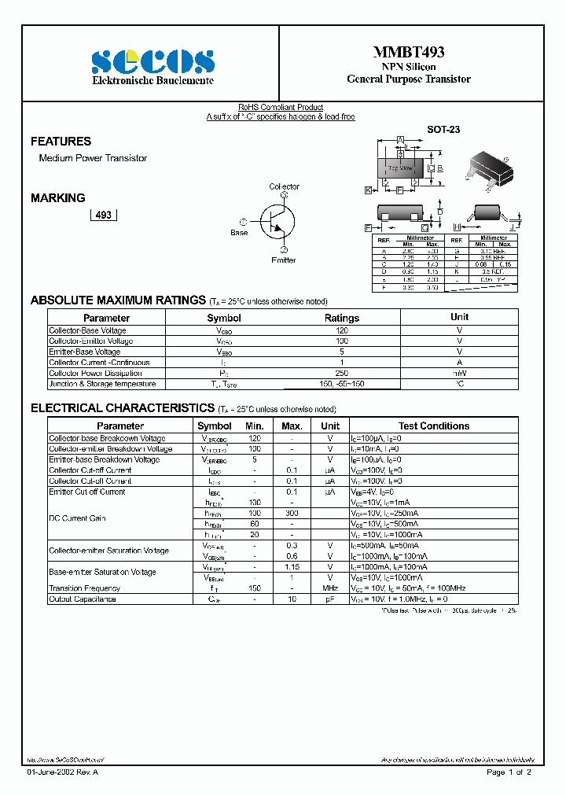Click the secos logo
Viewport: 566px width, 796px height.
[153, 61]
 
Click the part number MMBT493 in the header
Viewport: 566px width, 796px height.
[408, 53]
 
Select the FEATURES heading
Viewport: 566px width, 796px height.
[61, 142]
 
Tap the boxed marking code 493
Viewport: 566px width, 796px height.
[103, 215]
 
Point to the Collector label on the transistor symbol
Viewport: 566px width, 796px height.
[284, 187]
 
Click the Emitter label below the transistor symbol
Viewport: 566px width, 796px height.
[284, 260]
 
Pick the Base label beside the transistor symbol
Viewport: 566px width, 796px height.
[239, 233]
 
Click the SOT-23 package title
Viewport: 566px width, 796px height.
[443, 129]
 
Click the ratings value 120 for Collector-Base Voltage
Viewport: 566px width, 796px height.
[342, 331]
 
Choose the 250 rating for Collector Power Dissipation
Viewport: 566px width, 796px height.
[342, 374]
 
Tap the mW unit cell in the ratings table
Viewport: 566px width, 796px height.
[459, 374]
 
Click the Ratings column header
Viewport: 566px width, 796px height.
[342, 318]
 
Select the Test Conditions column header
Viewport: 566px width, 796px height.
[434, 426]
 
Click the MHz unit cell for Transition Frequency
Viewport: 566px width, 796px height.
[330, 588]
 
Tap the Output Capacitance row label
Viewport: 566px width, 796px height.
[83, 599]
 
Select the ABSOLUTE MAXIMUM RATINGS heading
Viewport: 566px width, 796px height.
[118, 300]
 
